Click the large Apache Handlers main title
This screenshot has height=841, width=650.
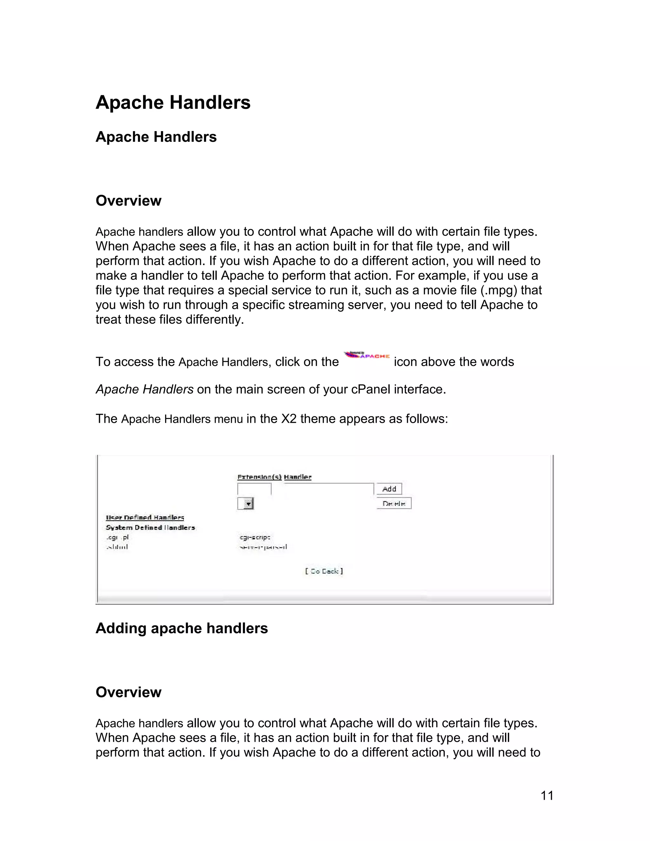173,103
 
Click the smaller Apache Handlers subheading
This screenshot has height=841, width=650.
156,137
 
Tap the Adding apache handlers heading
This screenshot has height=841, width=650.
181,628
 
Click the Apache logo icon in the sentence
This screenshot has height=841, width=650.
367,355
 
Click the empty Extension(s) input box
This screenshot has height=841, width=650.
254,489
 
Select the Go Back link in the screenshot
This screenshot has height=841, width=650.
324,571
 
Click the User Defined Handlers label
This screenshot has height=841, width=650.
145,518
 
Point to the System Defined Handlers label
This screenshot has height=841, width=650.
150,527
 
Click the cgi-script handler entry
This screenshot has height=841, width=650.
255,537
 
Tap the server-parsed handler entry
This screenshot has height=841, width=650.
263,547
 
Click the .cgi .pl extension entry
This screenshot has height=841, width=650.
117,537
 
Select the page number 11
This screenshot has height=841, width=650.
547,796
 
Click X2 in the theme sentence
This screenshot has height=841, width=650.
289,419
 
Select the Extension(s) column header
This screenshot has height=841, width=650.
259,477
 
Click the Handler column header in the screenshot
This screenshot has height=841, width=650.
298,477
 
